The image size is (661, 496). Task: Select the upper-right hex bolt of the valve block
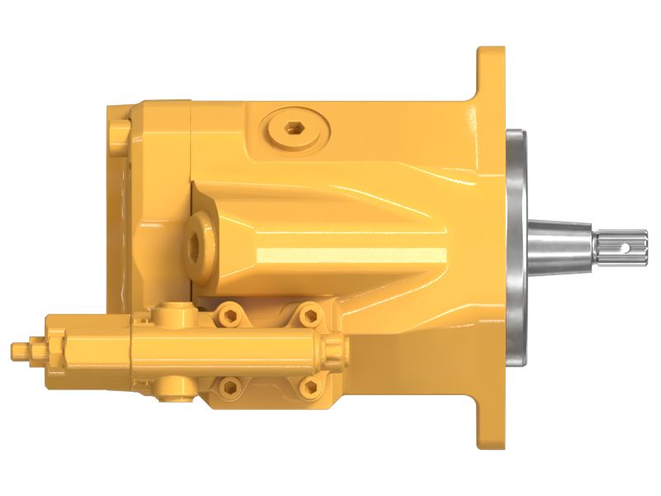[310, 313]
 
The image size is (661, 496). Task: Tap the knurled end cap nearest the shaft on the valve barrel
[334, 351]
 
